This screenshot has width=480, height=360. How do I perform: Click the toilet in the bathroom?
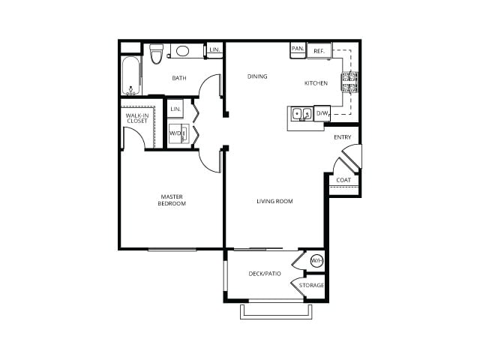point(156,53)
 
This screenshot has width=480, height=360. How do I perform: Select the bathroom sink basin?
point(183,51)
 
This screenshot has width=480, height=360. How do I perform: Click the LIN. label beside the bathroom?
point(214,49)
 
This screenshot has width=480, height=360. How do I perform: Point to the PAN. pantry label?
point(298,49)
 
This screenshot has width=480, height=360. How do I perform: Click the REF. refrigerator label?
point(319,51)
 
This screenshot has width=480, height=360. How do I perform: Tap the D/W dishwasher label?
point(322,113)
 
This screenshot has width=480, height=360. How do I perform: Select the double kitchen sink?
point(301,115)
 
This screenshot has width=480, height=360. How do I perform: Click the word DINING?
point(258,76)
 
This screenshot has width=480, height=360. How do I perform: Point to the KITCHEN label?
point(316,83)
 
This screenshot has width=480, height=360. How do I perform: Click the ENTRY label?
point(342,137)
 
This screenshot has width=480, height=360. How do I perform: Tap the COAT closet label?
point(343,180)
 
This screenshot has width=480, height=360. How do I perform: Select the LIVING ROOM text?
point(274,201)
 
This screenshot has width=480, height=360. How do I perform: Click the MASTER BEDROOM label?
point(172,200)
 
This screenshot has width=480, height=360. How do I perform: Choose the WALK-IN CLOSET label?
point(136,118)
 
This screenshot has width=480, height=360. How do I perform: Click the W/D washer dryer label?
point(175,133)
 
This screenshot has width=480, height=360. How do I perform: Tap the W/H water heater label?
point(316,261)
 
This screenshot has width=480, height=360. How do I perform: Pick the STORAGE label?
point(312,285)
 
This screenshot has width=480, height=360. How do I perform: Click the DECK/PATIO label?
point(265,273)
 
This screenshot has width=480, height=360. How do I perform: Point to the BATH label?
point(179,78)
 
